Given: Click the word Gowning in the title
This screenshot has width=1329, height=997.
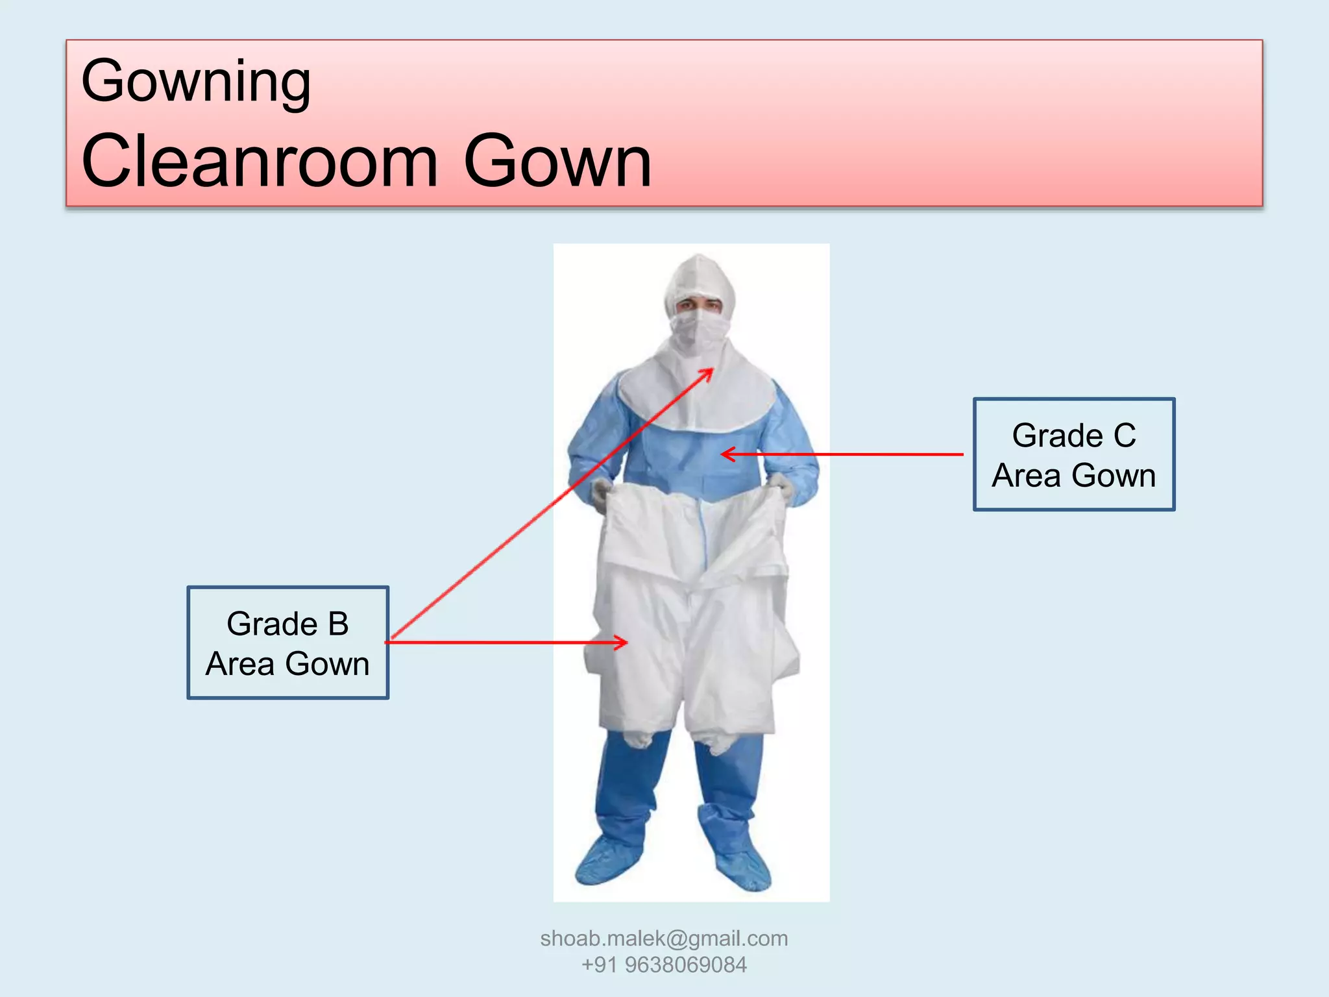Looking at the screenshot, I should [x=196, y=82].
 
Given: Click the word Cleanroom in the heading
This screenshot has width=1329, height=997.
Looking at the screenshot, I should [x=260, y=161].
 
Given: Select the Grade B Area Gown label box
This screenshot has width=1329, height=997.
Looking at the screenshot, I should [x=287, y=643].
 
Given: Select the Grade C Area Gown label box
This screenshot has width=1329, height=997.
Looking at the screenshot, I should [x=1074, y=454].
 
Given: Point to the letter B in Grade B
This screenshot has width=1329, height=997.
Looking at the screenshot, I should [x=338, y=624].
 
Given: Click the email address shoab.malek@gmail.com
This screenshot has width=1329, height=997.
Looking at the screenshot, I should [x=664, y=938].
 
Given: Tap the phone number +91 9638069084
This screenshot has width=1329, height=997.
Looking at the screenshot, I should [x=664, y=965].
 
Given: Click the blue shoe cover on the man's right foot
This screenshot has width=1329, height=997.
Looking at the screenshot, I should [x=607, y=860].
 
